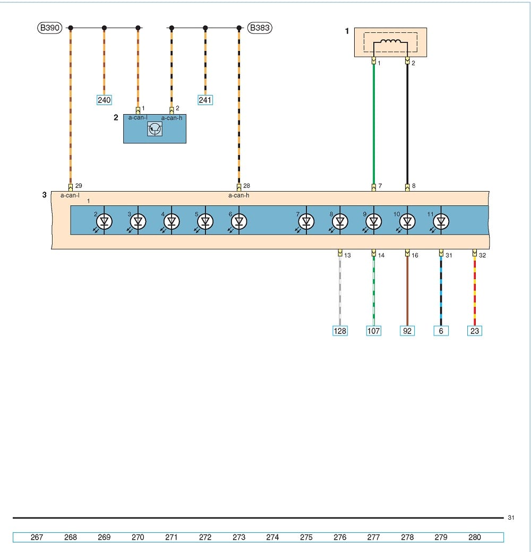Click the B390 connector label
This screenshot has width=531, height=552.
click(x=49, y=28)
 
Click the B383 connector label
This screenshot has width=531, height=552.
click(x=260, y=28)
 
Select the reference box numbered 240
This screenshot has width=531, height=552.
click(x=104, y=100)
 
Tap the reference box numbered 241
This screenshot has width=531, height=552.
click(x=205, y=100)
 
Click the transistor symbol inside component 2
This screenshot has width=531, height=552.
click(x=155, y=129)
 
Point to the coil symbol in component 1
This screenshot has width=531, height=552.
click(x=390, y=45)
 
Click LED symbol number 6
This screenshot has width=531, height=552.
click(x=239, y=221)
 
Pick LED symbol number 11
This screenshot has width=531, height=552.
click(x=440, y=221)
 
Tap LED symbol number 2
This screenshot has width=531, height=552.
click(x=105, y=221)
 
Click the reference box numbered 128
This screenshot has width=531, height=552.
click(x=340, y=331)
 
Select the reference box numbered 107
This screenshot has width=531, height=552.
click(x=374, y=331)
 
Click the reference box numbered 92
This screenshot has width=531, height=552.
click(x=407, y=331)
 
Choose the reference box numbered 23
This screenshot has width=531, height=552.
click(x=475, y=331)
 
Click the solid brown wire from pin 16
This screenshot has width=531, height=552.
click(x=407, y=292)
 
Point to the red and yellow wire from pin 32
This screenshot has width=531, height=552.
click(x=475, y=292)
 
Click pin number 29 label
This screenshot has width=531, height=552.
click(x=79, y=186)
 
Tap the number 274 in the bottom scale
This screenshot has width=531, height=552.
click(x=272, y=537)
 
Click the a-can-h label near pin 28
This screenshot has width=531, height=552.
click(x=239, y=195)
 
